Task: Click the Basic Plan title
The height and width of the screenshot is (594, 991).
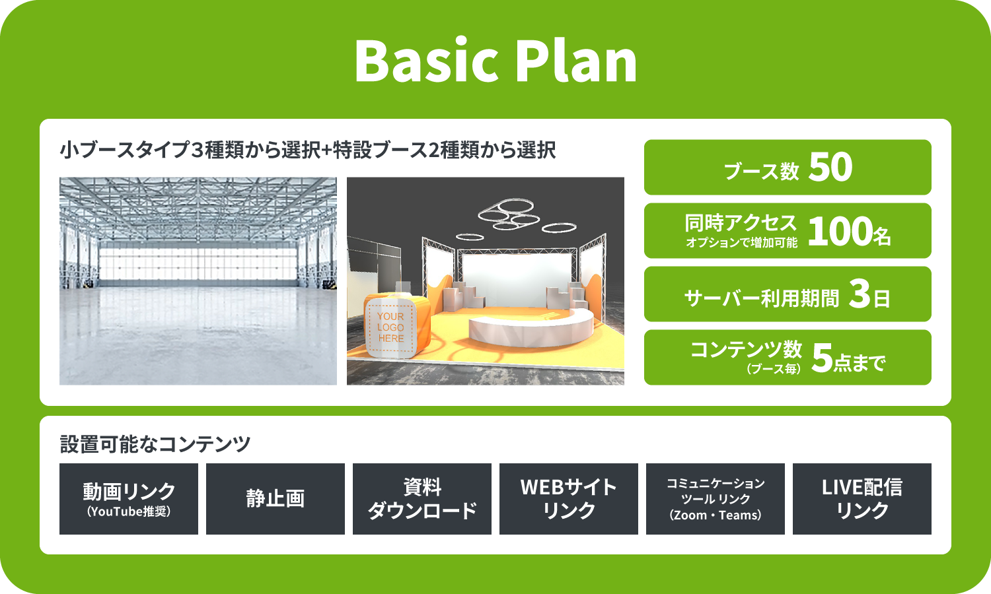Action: [495, 60]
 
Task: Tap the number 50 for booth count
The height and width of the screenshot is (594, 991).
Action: [830, 167]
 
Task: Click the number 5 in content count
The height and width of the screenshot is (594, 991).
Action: [823, 358]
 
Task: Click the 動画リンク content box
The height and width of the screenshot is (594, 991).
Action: [129, 499]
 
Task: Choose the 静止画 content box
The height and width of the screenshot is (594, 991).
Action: [275, 499]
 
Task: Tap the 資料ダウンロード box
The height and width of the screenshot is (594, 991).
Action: [422, 499]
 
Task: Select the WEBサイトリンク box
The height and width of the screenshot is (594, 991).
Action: [568, 499]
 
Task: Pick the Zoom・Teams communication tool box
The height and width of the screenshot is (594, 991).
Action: [716, 499]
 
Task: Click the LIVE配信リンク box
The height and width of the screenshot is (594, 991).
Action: [862, 499]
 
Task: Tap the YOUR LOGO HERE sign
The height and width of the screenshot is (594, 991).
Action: [390, 327]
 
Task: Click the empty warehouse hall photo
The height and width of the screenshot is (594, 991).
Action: [198, 281]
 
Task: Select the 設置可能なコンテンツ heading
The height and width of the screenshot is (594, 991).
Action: [155, 444]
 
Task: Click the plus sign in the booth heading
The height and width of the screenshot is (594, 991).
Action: [326, 150]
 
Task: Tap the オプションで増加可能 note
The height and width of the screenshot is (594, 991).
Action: [741, 242]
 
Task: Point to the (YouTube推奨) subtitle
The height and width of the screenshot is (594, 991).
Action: [129, 511]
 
